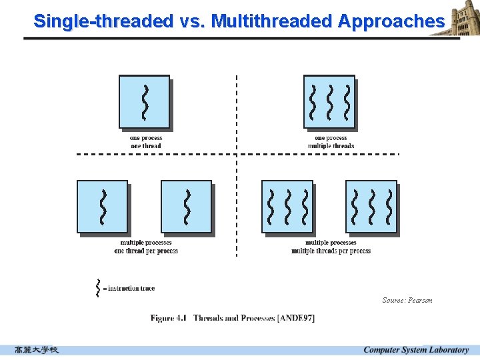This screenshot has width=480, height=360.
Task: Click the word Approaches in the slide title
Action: [x=391, y=21]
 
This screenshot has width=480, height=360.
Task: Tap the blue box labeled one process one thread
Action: [x=144, y=101]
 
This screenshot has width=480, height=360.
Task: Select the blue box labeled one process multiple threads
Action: [x=329, y=101]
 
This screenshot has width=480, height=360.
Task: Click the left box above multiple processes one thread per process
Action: [x=103, y=207]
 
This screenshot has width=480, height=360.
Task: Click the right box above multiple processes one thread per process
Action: [x=187, y=207]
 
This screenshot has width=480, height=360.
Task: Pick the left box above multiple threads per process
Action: [x=287, y=207]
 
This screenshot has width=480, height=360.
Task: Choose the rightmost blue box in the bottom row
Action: [x=371, y=207]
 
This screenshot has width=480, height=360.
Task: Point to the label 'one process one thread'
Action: [x=146, y=142]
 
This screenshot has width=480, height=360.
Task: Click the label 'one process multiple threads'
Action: [x=331, y=142]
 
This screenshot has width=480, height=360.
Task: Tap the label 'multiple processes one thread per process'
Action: [x=146, y=247]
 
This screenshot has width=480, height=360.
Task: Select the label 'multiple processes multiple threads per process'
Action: [x=331, y=247]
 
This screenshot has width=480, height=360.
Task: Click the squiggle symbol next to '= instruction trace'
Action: [x=98, y=287]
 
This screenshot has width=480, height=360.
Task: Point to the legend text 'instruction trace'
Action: [x=131, y=288]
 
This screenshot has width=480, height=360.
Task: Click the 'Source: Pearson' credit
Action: [x=407, y=300]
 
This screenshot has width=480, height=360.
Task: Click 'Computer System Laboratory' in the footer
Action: [x=416, y=350]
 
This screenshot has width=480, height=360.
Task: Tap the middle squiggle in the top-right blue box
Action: [x=329, y=101]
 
